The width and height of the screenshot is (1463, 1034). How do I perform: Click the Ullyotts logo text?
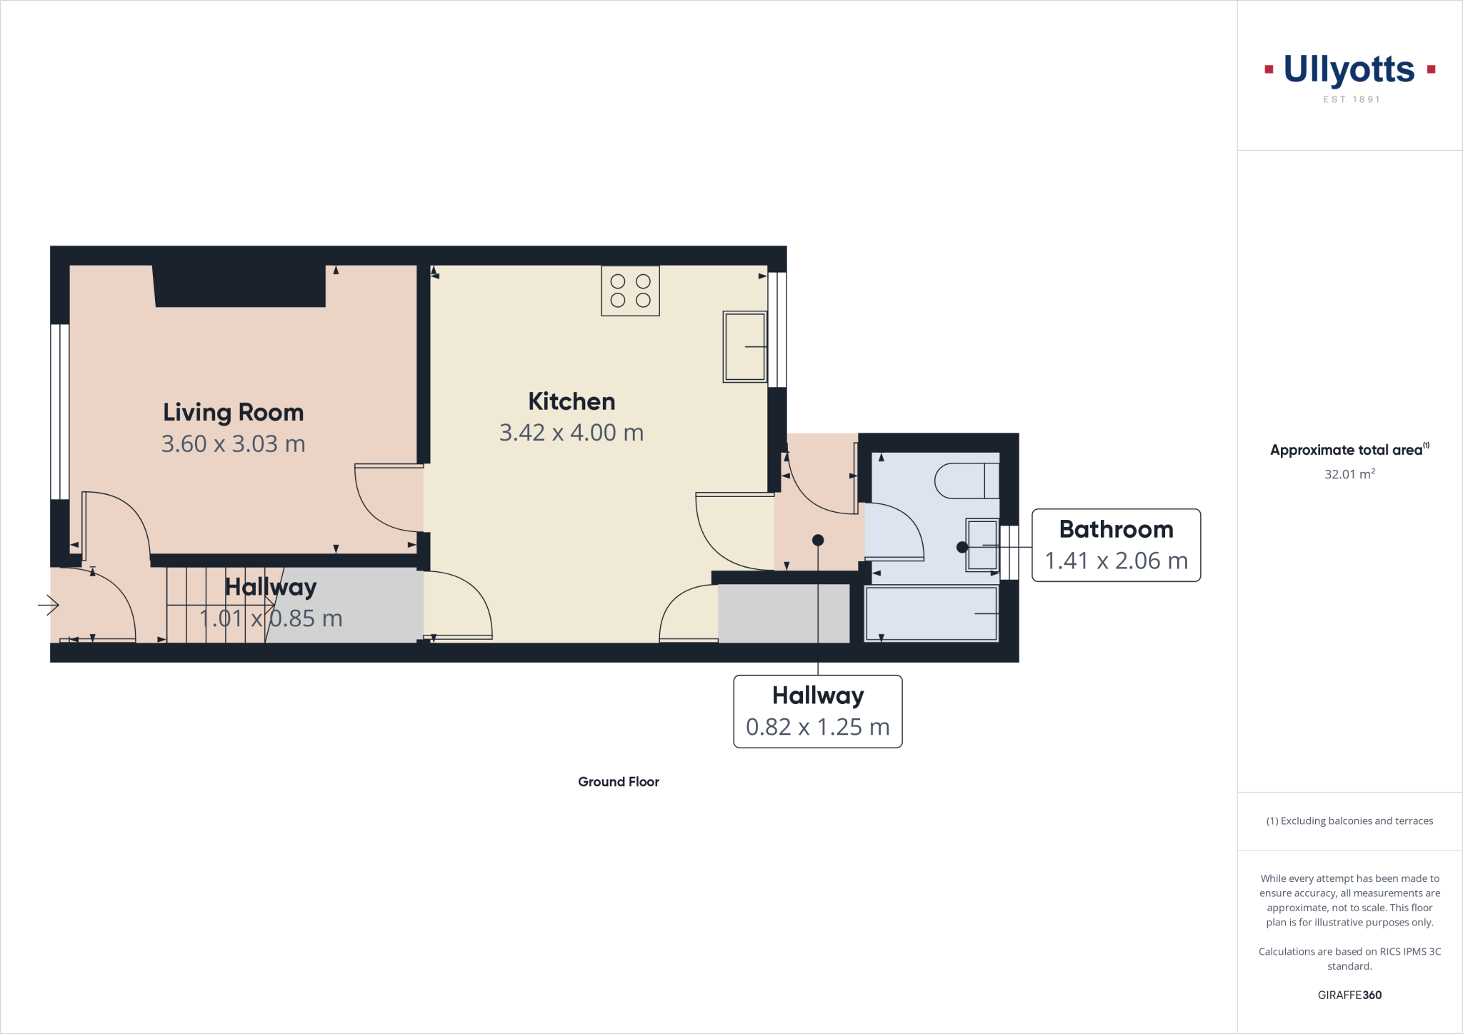coord(1349,70)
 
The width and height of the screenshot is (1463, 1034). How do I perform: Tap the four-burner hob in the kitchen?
coord(630,291)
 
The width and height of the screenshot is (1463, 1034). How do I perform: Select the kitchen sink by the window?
coord(744,346)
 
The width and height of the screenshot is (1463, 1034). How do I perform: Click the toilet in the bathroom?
coord(966,481)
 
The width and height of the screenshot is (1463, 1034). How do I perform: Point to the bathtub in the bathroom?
coord(931,613)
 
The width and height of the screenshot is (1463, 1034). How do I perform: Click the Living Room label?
coord(233,412)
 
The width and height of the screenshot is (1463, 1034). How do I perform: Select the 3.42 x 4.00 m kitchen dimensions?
coord(571,433)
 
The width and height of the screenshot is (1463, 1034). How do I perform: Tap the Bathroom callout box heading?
coord(1116,529)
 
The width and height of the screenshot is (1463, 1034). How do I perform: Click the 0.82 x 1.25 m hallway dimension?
coord(817,727)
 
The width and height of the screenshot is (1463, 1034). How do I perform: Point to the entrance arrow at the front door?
coord(49,605)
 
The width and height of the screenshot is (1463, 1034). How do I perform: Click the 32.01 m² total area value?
coord(1349,474)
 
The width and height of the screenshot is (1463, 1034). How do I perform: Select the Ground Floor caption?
coord(618,782)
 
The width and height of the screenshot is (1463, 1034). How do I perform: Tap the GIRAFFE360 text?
coord(1349,995)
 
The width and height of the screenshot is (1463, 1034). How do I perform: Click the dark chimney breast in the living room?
coord(240,286)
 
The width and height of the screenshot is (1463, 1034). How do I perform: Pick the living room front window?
coord(60,412)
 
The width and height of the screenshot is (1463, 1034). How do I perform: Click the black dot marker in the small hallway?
coord(818,541)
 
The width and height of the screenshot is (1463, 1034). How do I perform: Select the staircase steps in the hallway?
coord(214,604)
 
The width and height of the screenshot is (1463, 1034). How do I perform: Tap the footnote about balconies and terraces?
coord(1349,821)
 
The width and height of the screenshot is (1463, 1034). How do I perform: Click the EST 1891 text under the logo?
coord(1351,99)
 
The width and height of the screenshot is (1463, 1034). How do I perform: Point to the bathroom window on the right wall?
coord(1009,553)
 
